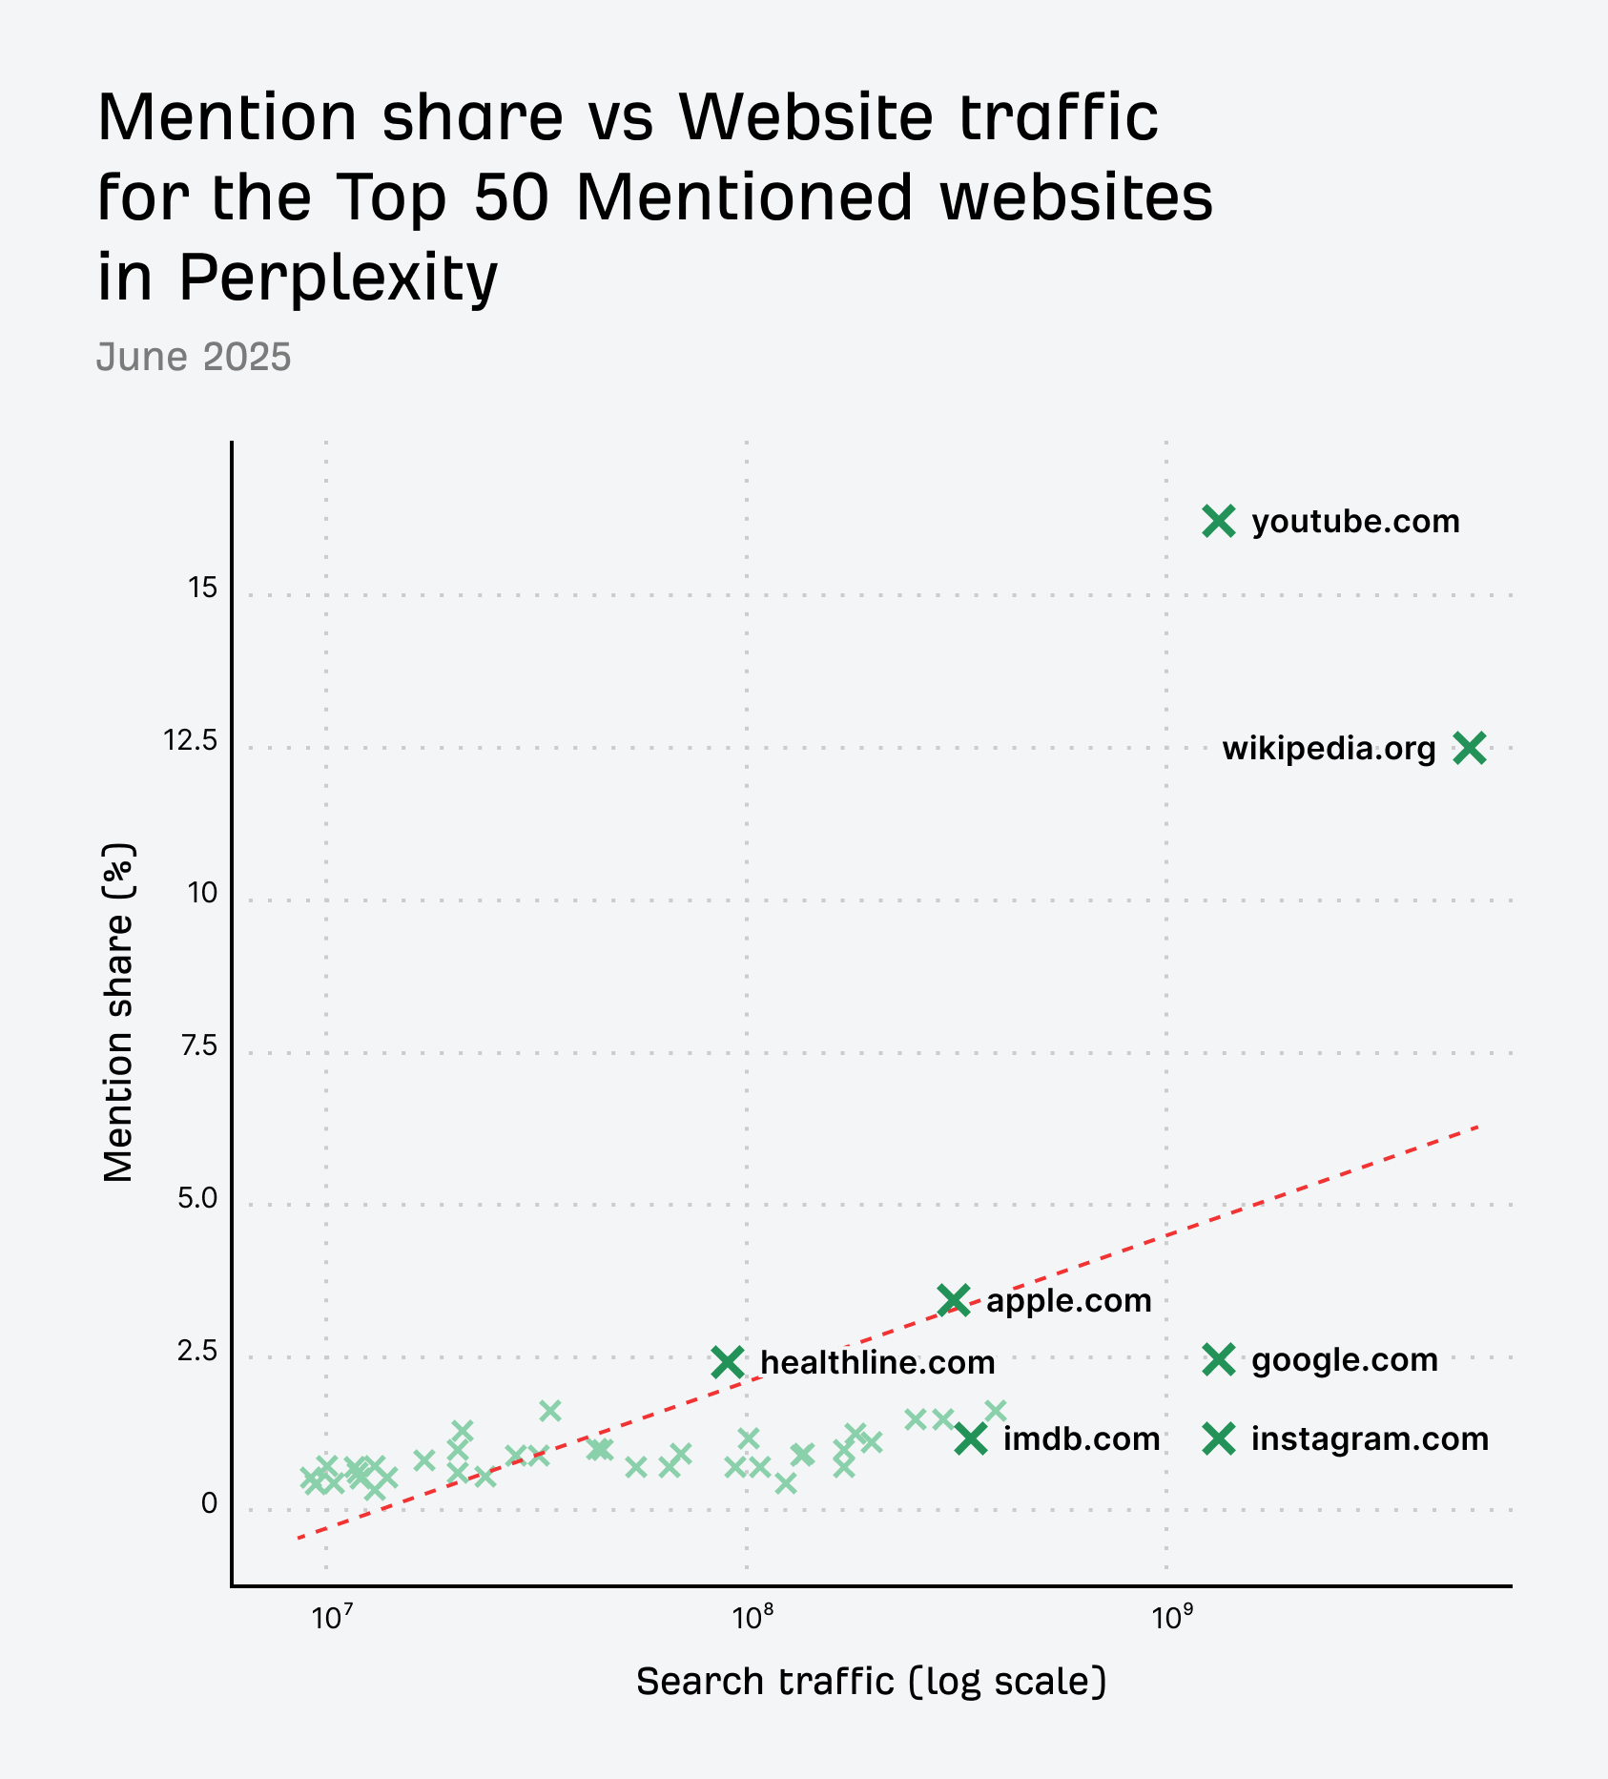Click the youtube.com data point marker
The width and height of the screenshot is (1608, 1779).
click(x=1219, y=521)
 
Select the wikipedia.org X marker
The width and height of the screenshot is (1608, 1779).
click(x=1470, y=749)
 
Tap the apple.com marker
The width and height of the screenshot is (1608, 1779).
click(x=954, y=1299)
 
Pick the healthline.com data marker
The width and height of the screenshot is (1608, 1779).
click(x=728, y=1362)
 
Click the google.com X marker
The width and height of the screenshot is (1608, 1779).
click(x=1219, y=1359)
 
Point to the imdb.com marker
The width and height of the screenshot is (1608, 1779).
click(x=971, y=1438)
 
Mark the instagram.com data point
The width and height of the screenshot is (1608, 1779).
click(x=1219, y=1438)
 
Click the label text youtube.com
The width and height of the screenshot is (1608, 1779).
click(x=1355, y=522)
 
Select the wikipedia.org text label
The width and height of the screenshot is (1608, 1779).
click(x=1329, y=749)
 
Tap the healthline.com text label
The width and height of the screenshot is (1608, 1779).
click(x=877, y=1362)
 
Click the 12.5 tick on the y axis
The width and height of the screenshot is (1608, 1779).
click(x=191, y=740)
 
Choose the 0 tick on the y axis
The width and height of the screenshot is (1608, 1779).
click(x=209, y=1503)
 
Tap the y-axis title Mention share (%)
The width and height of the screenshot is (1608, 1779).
click(x=118, y=1012)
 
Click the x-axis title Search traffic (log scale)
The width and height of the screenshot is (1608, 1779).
click(x=871, y=1681)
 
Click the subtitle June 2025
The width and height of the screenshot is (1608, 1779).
click(x=194, y=357)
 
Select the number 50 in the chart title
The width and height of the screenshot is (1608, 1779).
click(x=512, y=197)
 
